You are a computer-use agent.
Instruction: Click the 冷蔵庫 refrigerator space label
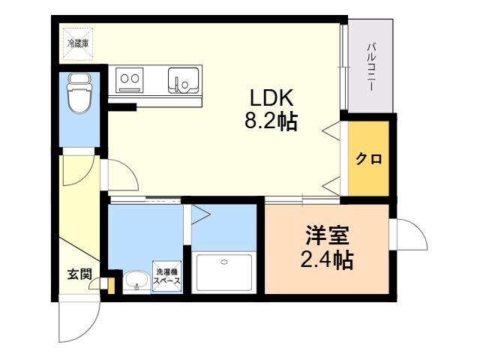pyautogui.click(x=78, y=43)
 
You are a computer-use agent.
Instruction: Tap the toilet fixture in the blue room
pyautogui.click(x=80, y=93)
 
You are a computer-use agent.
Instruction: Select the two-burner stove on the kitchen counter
pyautogui.click(x=130, y=80)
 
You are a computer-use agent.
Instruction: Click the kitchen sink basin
pyautogui.click(x=183, y=80)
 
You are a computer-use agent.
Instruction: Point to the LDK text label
pyautogui.click(x=271, y=98)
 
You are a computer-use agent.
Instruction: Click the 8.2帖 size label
pyautogui.click(x=271, y=121)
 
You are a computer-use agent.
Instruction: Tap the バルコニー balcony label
pyautogui.click(x=371, y=67)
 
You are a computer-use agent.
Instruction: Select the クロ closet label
pyautogui.click(x=369, y=159)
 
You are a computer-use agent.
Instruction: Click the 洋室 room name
pyautogui.click(x=327, y=235)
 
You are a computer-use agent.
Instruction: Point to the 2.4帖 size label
pyautogui.click(x=327, y=259)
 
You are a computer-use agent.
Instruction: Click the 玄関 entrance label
pyautogui.click(x=79, y=274)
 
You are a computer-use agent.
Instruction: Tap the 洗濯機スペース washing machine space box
pyautogui.click(x=167, y=276)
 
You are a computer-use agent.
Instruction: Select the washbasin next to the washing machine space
pyautogui.click(x=136, y=282)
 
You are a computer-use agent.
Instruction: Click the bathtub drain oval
pyautogui.click(x=224, y=262)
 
